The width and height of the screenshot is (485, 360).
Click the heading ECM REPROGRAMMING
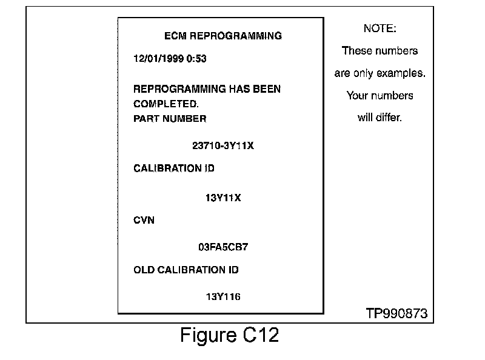point(223,36)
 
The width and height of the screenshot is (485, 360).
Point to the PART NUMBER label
point(170,119)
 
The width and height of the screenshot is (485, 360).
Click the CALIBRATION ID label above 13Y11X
point(174,168)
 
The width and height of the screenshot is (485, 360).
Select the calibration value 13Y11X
point(223,198)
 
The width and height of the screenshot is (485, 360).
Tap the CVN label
point(144,220)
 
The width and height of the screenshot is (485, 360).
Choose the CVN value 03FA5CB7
point(223,247)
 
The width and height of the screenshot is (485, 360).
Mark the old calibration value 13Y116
point(223,296)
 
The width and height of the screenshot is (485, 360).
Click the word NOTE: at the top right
point(380,28)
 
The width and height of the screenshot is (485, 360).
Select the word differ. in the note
point(389,118)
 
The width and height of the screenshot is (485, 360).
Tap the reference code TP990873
point(396,313)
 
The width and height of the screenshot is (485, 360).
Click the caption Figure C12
point(230,335)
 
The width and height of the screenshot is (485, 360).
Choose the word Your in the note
point(357,96)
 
